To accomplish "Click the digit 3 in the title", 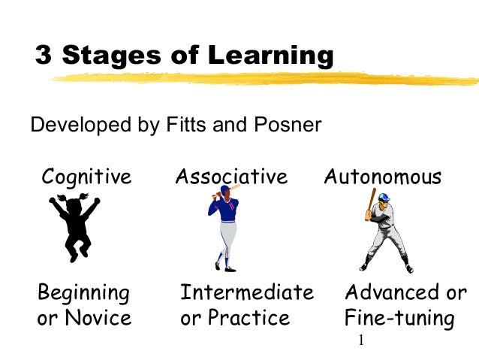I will point(44,56).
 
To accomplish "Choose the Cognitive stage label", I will point(86,177).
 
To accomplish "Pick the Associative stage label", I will point(231,177).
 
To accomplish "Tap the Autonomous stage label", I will point(383,177).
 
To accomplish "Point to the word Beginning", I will point(83,292).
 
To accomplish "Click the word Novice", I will point(100,318).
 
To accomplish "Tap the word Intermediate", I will point(246,292).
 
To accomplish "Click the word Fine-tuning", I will point(399,319).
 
